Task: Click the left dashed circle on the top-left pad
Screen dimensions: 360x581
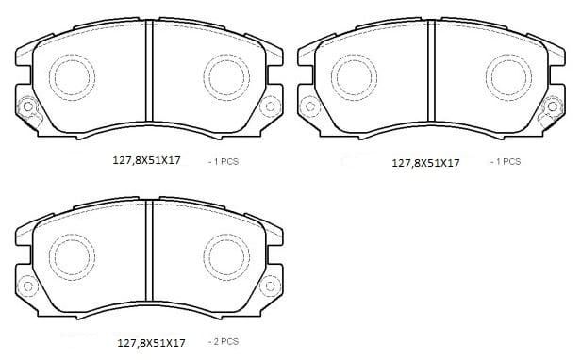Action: coord(69,75)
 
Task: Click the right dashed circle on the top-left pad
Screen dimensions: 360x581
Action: coord(226,75)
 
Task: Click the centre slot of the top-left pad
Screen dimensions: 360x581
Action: coord(149,80)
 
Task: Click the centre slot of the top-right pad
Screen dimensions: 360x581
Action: coord(429,80)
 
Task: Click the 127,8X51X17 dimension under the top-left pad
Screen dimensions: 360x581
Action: coord(147,161)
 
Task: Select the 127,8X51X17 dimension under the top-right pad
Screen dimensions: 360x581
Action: coord(425,163)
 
